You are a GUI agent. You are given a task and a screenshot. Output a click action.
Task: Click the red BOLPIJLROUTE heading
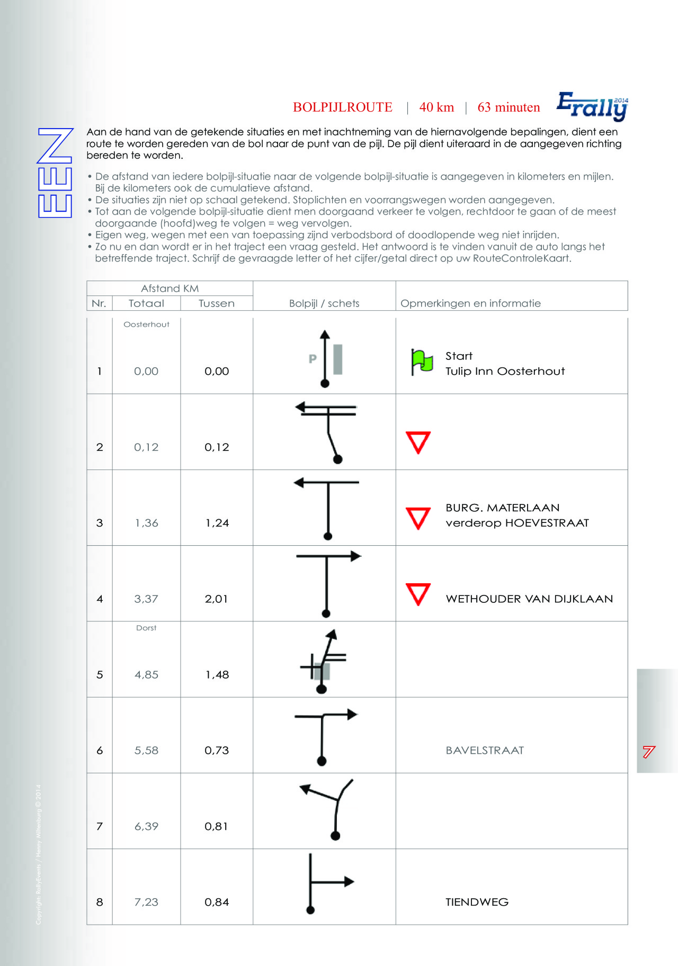343,107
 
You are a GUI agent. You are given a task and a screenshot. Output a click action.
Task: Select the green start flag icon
422,362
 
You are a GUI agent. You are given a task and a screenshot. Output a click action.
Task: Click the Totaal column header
146,303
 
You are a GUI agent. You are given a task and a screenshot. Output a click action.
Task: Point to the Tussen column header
216,303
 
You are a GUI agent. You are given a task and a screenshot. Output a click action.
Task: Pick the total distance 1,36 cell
146,523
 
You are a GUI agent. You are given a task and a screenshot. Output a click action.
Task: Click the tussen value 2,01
216,599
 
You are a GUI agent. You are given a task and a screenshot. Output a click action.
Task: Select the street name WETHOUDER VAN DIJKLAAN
529,599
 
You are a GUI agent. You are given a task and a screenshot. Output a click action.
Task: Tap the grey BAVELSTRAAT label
485,750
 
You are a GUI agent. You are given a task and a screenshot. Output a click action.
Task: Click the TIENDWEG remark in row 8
477,902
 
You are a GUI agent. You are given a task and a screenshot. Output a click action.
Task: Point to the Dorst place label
146,628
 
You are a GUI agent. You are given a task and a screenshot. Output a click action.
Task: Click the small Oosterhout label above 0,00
146,324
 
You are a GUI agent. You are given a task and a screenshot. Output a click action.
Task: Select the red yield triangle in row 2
418,442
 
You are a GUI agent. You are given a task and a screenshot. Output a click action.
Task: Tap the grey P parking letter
313,359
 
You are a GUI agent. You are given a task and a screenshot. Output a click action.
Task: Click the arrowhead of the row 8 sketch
349,881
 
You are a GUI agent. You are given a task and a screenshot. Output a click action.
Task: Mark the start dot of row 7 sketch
335,836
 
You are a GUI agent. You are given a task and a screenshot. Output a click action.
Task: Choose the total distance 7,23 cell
146,902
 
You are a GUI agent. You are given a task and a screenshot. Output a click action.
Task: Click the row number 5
100,675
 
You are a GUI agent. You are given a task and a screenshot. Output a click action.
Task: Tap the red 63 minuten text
508,107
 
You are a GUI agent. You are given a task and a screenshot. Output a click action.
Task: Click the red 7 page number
649,752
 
